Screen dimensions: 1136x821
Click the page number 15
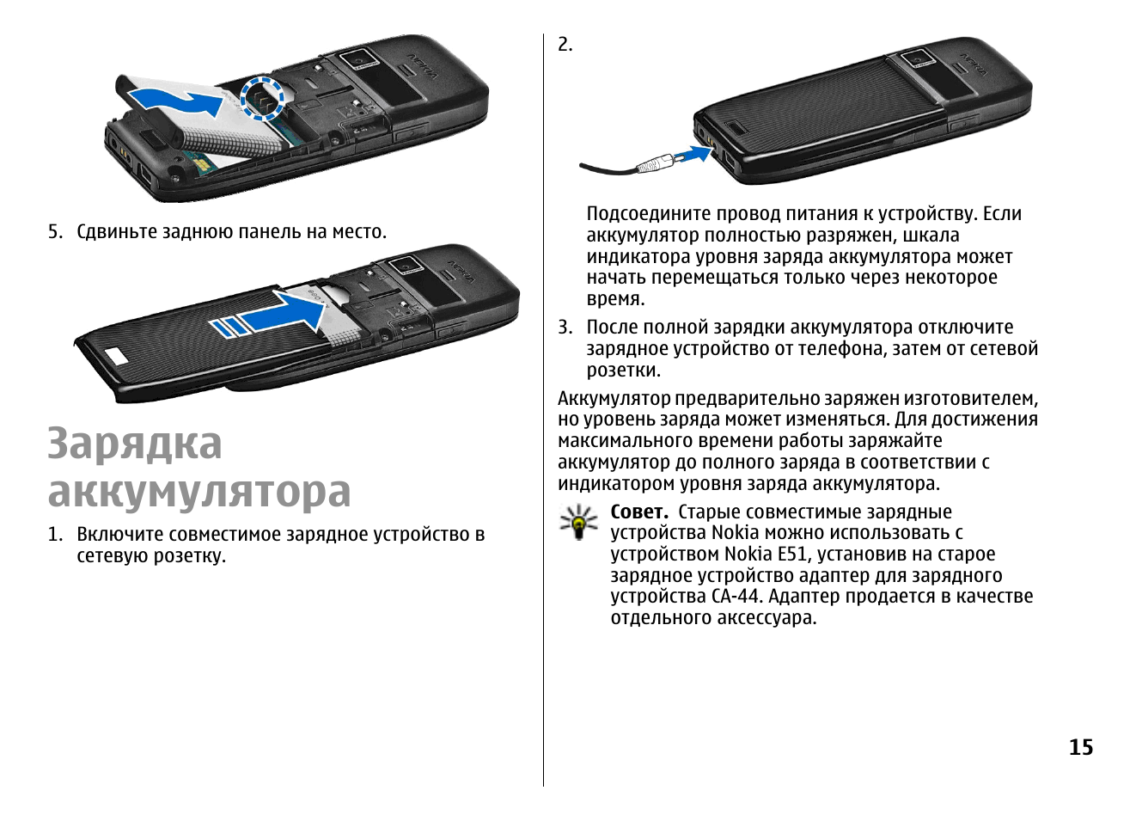(1081, 747)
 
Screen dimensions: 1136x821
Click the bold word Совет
(639, 512)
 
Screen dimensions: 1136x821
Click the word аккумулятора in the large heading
(199, 493)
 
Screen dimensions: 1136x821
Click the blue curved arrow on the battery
(175, 100)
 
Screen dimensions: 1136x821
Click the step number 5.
(55, 232)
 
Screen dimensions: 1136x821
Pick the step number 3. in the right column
(565, 328)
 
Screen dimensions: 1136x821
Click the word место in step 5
(359, 232)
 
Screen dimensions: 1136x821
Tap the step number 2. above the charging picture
(565, 45)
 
